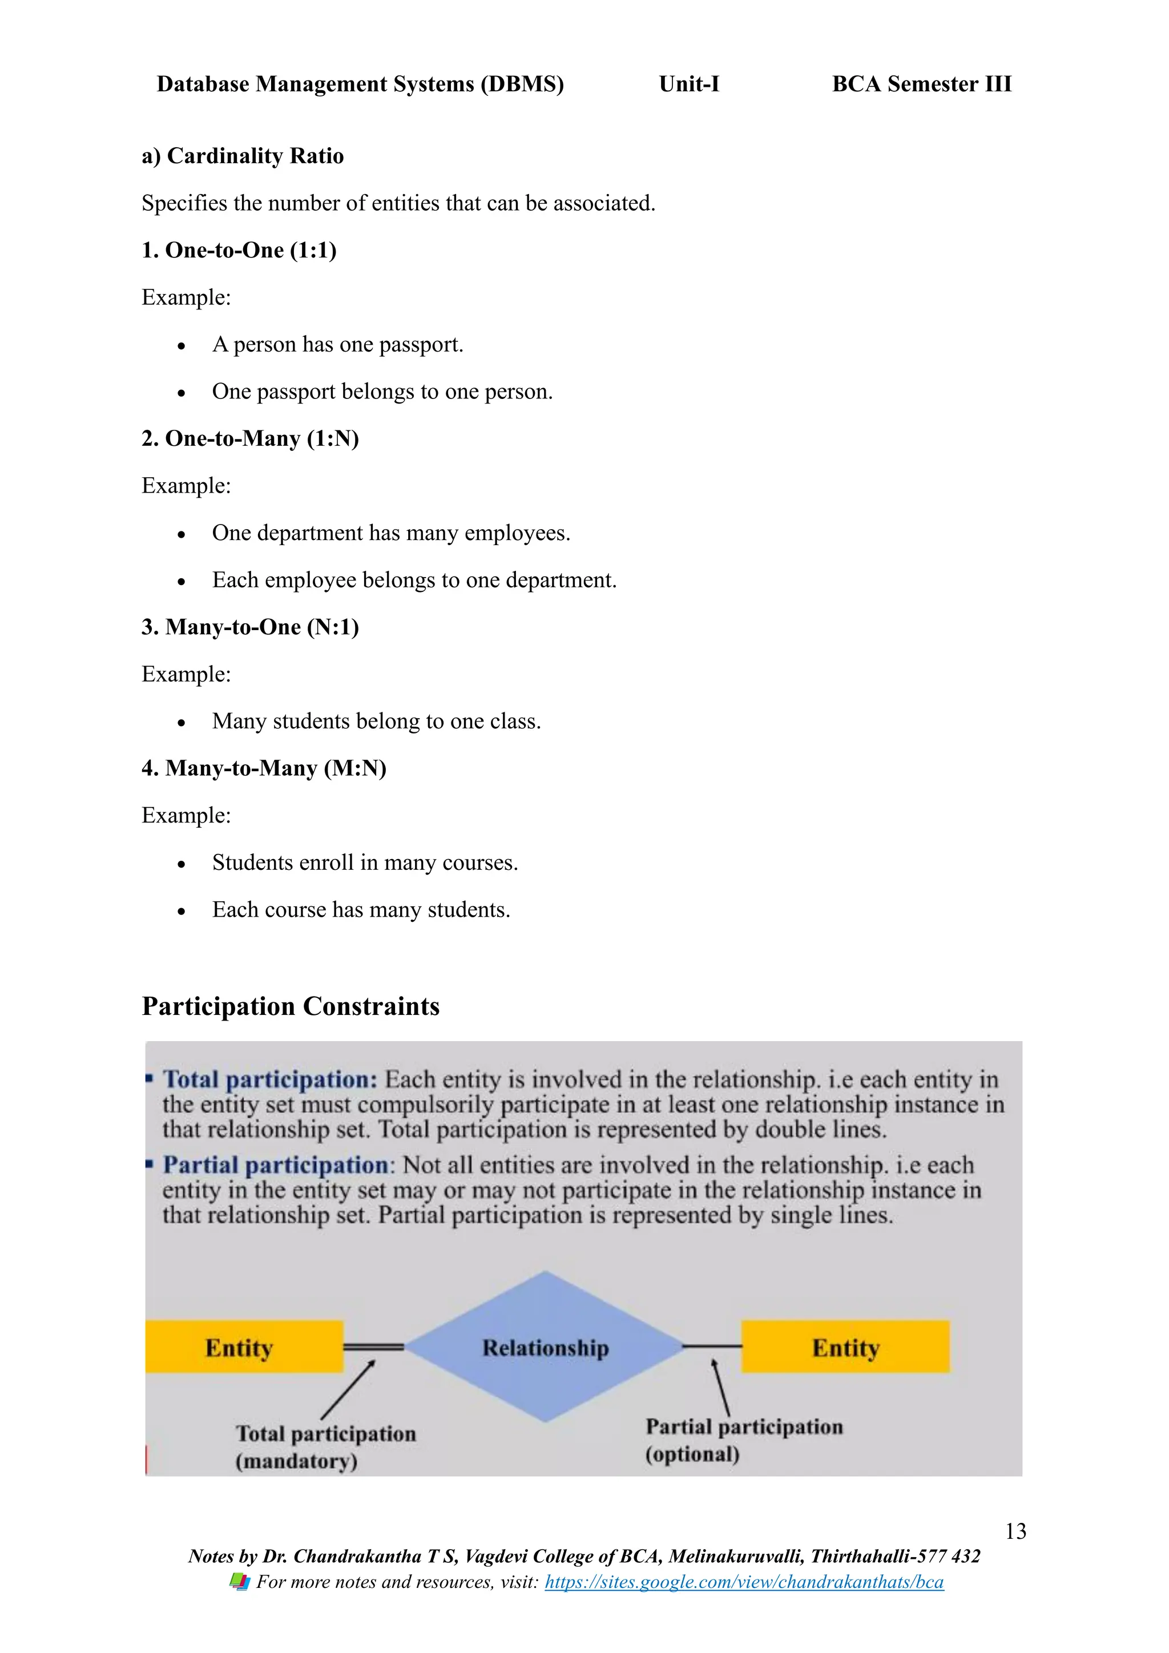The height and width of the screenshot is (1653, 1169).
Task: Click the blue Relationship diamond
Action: pos(545,1347)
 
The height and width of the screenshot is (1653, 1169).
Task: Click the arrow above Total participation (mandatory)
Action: pos(348,1389)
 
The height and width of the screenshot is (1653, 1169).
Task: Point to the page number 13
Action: pos(1015,1531)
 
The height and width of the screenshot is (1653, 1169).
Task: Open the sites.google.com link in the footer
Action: pos(744,1582)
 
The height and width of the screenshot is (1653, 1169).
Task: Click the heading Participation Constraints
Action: pos(290,1006)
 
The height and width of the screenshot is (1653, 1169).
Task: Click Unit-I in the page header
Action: pos(689,84)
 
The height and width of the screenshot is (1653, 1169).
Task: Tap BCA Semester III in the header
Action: pos(921,84)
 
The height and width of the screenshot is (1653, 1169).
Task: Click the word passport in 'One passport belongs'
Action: pos(295,392)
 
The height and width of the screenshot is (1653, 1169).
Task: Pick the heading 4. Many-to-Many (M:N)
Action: pos(264,768)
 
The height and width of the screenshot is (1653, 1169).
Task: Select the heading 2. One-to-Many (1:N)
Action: pos(250,438)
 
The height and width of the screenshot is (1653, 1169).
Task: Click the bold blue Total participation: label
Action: pos(270,1079)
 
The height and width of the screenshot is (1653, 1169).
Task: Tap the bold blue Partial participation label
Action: pos(276,1165)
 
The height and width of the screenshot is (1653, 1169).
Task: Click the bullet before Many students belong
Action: pos(182,722)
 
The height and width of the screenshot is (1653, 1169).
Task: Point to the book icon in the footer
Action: pos(240,1582)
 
